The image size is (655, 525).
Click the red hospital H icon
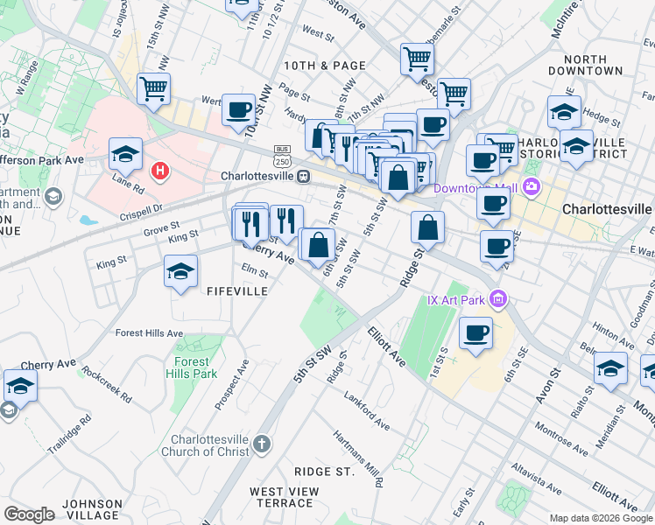(159, 170)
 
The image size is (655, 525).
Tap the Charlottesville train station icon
(303, 175)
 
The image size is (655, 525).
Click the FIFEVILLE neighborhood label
(236, 290)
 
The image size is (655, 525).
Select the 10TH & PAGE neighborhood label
(324, 66)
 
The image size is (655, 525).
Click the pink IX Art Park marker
(499, 300)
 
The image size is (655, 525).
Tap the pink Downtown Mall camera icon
(531, 186)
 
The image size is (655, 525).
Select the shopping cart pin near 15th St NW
(153, 88)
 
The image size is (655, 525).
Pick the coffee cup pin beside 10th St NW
(238, 110)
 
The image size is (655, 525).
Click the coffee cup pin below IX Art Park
(475, 333)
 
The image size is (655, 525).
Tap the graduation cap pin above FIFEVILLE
(180, 271)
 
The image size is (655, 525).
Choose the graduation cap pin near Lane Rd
(125, 154)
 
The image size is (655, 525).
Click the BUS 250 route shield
(282, 156)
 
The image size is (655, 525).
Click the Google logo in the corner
(29, 514)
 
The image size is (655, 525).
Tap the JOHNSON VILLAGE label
(92, 509)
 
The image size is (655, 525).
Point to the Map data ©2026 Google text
(600, 518)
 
